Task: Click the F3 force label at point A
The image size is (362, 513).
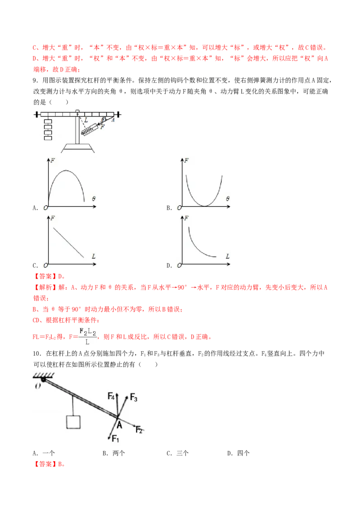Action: coord(133,397)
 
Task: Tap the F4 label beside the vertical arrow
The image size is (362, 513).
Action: coord(111,396)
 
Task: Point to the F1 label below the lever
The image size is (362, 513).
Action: coord(115,438)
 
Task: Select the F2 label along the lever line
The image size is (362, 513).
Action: coord(139,430)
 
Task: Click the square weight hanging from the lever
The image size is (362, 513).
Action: coord(73,422)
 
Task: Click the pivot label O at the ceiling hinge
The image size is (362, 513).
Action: coord(38,386)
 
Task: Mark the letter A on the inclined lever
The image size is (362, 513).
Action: coord(119,425)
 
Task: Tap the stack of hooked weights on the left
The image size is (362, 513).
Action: coord(48,130)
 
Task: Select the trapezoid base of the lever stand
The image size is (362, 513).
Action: coord(78,148)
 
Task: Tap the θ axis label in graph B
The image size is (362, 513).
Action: coord(228,198)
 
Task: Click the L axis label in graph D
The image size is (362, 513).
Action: coord(228,256)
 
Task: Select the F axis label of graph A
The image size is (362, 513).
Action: coord(53,160)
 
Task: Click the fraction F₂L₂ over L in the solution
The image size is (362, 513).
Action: coord(88,337)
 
